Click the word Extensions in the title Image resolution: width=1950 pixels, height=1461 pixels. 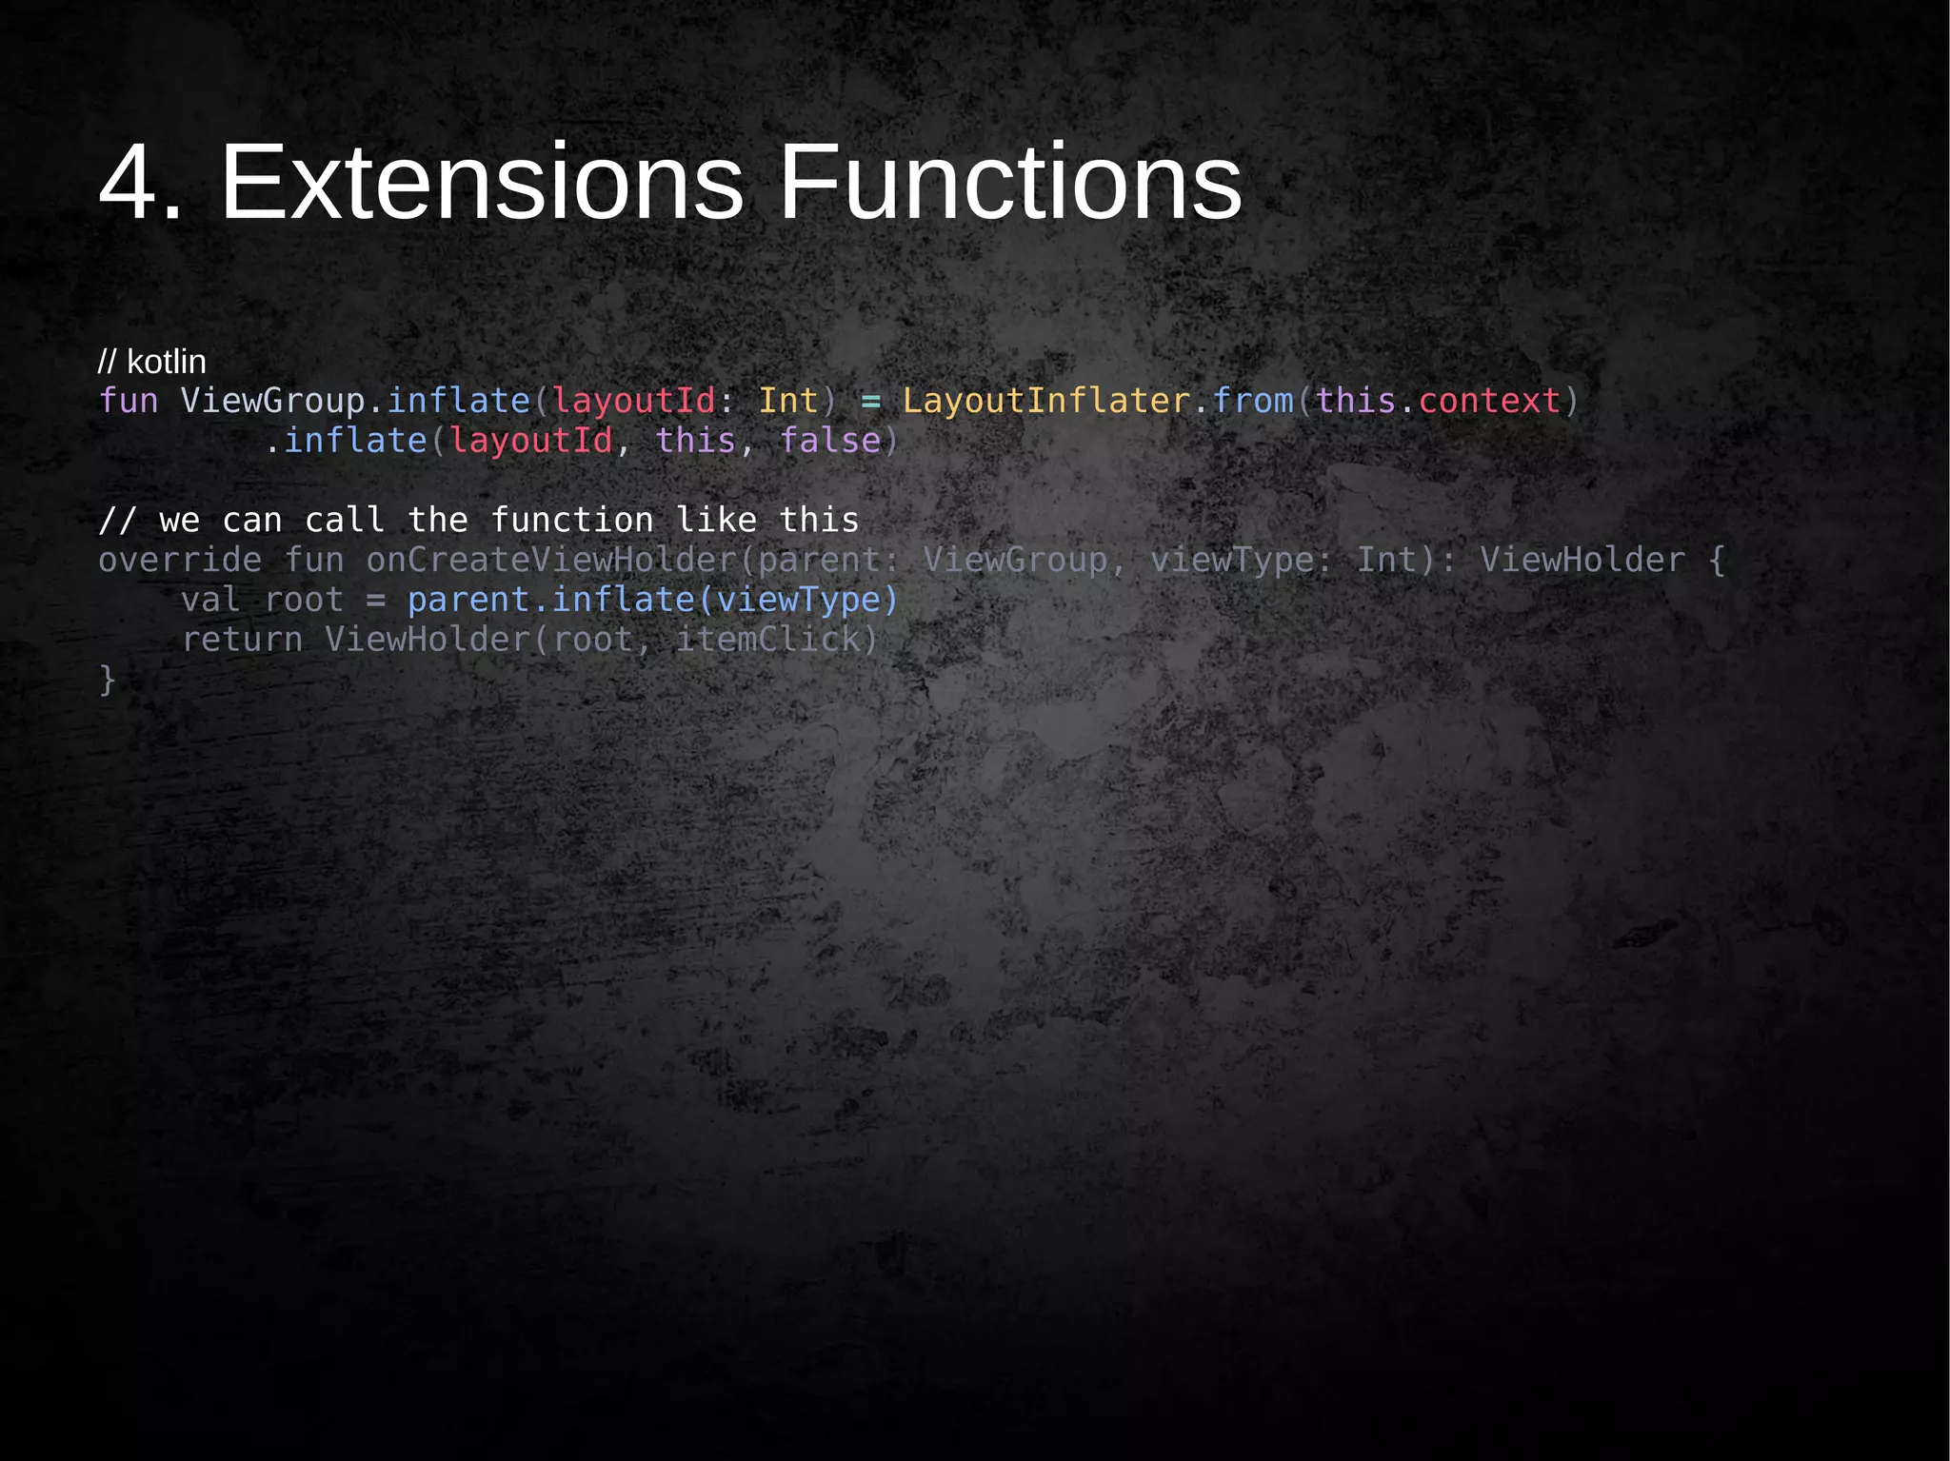coord(482,182)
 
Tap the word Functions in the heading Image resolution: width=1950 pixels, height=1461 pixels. coord(1010,182)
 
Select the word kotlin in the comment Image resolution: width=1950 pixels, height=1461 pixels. coord(167,362)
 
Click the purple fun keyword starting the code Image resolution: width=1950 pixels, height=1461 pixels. coord(129,401)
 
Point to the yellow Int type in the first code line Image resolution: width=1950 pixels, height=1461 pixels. coord(788,401)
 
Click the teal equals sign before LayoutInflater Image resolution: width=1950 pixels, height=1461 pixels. coord(870,402)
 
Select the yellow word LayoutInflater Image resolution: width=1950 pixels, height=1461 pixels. coord(1046,401)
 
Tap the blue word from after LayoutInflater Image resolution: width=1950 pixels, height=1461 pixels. coord(1253,401)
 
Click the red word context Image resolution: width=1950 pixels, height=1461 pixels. coord(1490,401)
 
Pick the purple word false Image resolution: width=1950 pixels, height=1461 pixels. coord(830,441)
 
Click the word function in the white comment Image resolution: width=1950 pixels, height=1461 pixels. coord(572,520)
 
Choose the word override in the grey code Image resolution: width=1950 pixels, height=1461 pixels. coord(180,560)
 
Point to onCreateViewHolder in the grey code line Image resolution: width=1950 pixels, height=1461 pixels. coord(552,560)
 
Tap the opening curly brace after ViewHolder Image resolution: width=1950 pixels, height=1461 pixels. coord(1717,560)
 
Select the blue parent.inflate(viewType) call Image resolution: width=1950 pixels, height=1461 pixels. coord(653,600)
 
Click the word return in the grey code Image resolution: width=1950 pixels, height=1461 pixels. coord(242,640)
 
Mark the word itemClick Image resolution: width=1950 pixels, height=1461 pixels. coord(767,640)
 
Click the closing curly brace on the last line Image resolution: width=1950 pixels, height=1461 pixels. coord(108,680)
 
